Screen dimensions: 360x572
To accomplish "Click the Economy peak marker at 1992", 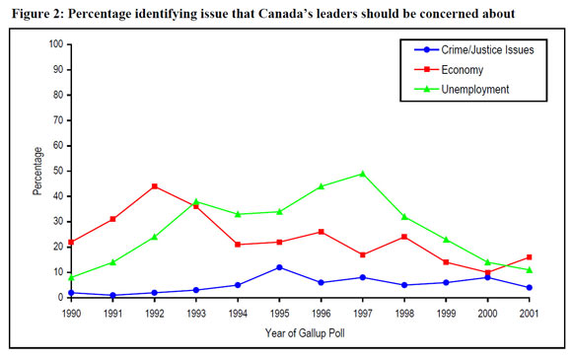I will point(154,186).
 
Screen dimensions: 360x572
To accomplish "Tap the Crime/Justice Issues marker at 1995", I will point(280,267).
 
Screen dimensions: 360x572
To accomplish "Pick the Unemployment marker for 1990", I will point(70,277).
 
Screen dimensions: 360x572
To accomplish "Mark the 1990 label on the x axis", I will point(70,313).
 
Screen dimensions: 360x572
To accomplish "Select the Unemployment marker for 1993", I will point(196,201).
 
